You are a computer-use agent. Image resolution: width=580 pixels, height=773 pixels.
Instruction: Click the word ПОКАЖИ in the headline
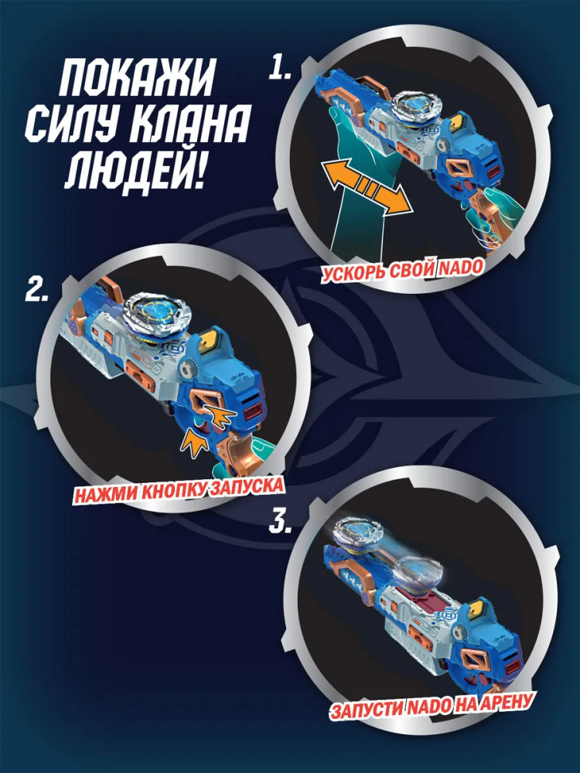pyautogui.click(x=137, y=79)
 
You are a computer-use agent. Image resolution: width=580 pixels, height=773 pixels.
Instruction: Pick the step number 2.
pyautogui.click(x=37, y=291)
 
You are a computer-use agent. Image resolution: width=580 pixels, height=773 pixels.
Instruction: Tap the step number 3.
pyautogui.click(x=280, y=522)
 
